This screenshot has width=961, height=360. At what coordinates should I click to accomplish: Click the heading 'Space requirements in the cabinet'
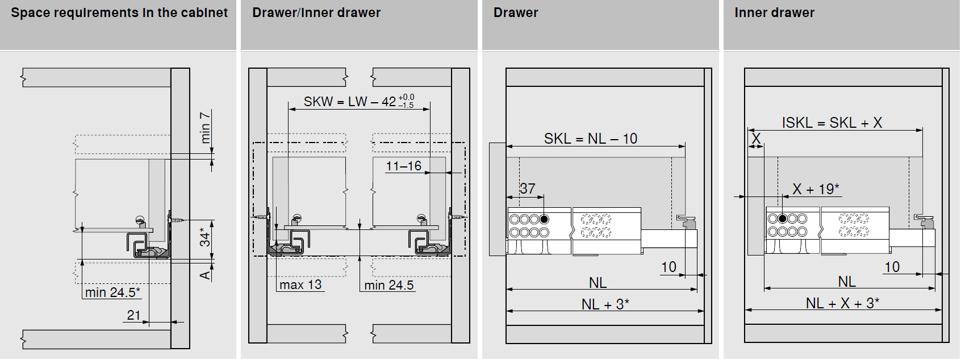(x=119, y=13)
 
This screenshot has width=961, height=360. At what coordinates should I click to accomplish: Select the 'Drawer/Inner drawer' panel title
(x=316, y=12)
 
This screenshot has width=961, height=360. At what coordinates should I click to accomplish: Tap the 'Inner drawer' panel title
(x=774, y=12)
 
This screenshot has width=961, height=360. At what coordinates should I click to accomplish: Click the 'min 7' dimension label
(x=206, y=127)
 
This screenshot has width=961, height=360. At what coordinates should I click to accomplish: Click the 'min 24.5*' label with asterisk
(x=112, y=292)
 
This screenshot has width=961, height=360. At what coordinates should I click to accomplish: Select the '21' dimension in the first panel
(x=133, y=315)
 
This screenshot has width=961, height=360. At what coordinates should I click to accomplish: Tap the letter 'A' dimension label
(x=206, y=275)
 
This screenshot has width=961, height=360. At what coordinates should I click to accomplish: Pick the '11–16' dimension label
(x=403, y=166)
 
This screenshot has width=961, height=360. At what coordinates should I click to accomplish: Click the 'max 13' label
(x=300, y=285)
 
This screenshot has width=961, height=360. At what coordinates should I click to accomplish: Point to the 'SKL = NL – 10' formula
(x=591, y=139)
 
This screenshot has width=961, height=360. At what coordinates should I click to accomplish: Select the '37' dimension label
(x=527, y=189)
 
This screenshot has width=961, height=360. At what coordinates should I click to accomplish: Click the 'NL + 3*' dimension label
(x=605, y=304)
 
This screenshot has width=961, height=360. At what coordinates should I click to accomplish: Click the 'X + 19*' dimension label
(x=816, y=189)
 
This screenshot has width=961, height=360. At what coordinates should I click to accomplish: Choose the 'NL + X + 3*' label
(x=843, y=303)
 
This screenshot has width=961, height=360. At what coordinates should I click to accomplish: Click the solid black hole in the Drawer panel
(x=544, y=220)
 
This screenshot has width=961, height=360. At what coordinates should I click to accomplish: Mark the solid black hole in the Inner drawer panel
(x=782, y=219)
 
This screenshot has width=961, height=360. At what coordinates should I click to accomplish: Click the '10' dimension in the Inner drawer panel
(x=892, y=267)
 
